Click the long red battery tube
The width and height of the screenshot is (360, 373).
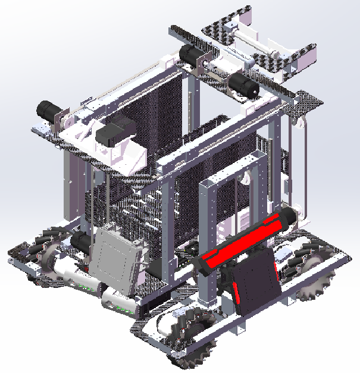[244, 241]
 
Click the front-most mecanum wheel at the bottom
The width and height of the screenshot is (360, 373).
[190, 336]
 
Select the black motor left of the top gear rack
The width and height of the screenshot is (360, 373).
[191, 55]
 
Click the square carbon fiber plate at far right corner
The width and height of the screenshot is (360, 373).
[309, 104]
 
